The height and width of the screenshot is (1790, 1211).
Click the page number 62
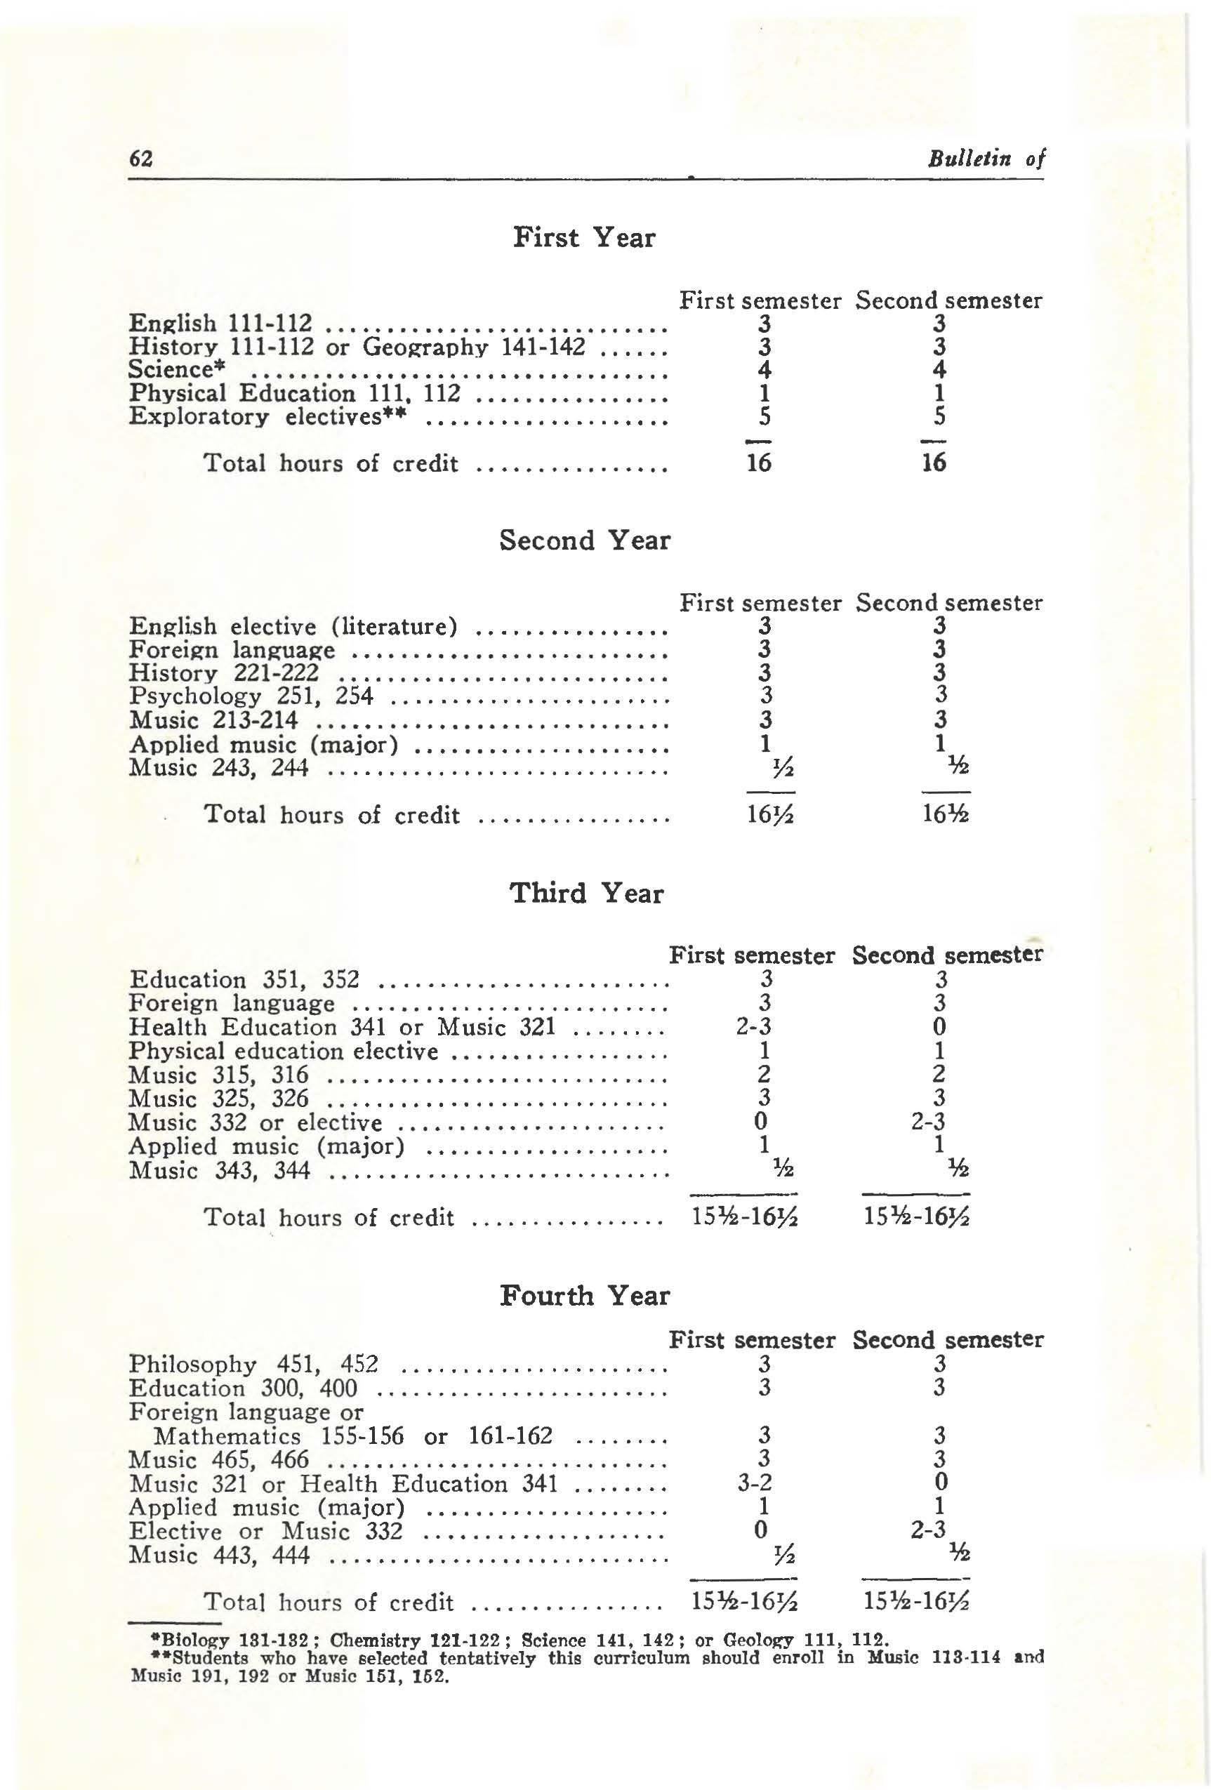pyautogui.click(x=141, y=159)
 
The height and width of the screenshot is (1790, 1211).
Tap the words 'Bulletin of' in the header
pyautogui.click(x=986, y=159)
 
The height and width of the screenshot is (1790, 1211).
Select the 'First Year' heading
pyautogui.click(x=584, y=237)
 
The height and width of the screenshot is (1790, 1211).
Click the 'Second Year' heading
pyautogui.click(x=585, y=540)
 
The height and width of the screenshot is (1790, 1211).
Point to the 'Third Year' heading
pyautogui.click(x=585, y=893)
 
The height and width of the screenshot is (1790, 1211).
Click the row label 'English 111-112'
pyautogui.click(x=220, y=323)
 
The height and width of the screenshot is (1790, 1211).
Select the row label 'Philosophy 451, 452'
pyautogui.click(x=253, y=1364)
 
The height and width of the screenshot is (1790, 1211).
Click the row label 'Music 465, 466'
pyautogui.click(x=219, y=1459)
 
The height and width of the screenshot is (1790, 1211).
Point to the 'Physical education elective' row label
pyautogui.click(x=283, y=1051)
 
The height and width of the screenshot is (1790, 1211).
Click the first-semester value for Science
pyautogui.click(x=763, y=370)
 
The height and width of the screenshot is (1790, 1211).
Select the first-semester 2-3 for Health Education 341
pyautogui.click(x=753, y=1027)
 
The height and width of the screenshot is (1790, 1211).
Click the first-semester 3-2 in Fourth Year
pyautogui.click(x=754, y=1482)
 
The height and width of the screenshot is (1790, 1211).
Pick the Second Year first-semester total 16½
pyautogui.click(x=769, y=814)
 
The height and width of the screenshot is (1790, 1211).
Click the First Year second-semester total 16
pyautogui.click(x=934, y=463)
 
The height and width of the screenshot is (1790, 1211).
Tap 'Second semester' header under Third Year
pyautogui.click(x=947, y=955)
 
